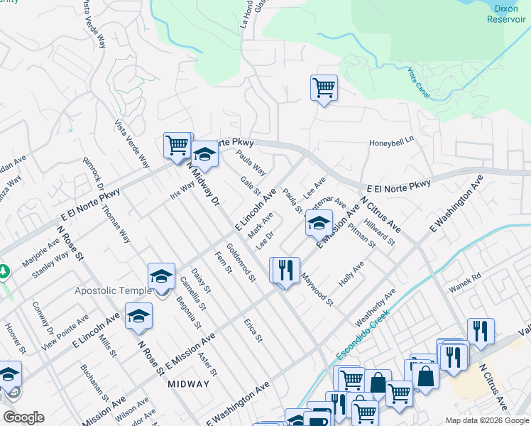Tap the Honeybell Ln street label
(390, 143)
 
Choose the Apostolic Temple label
(114, 291)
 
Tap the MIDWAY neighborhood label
(189, 384)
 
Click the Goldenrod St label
(241, 263)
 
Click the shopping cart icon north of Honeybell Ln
(324, 88)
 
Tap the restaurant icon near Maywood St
(285, 271)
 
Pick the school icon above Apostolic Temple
(161, 275)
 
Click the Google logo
(23, 417)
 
